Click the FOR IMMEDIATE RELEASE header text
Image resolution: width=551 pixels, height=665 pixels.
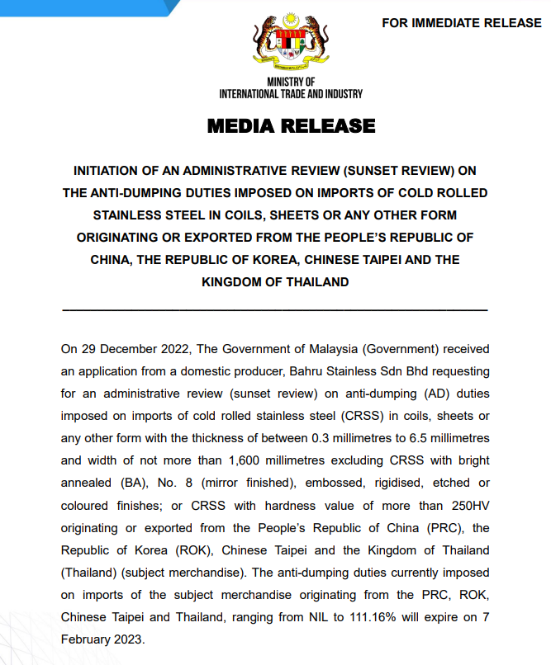(x=461, y=23)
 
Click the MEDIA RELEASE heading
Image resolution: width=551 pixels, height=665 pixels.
(x=291, y=126)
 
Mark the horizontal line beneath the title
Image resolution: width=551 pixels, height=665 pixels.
(x=274, y=310)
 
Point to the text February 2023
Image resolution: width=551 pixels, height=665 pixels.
(x=102, y=638)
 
